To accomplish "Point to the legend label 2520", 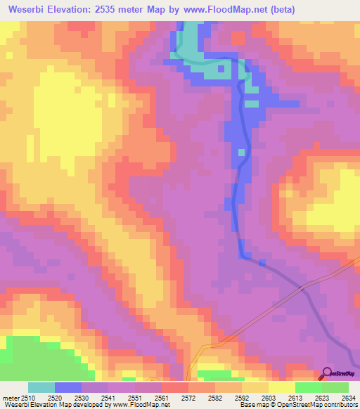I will click(x=55, y=398).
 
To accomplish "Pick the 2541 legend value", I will click(x=108, y=398).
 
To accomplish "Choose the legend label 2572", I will click(x=188, y=398).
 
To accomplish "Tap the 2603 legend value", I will click(x=269, y=398).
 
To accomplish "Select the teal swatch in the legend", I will click(x=41, y=387).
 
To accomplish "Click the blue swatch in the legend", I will click(x=68, y=387).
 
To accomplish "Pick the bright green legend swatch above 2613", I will click(x=309, y=387).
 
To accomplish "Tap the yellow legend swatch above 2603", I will click(x=282, y=387).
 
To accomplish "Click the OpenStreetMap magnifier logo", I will click(x=328, y=373).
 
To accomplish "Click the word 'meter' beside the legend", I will click(x=11, y=398).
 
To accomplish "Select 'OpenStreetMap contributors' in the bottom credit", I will click(x=321, y=405).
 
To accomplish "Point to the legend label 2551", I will click(x=135, y=398).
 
